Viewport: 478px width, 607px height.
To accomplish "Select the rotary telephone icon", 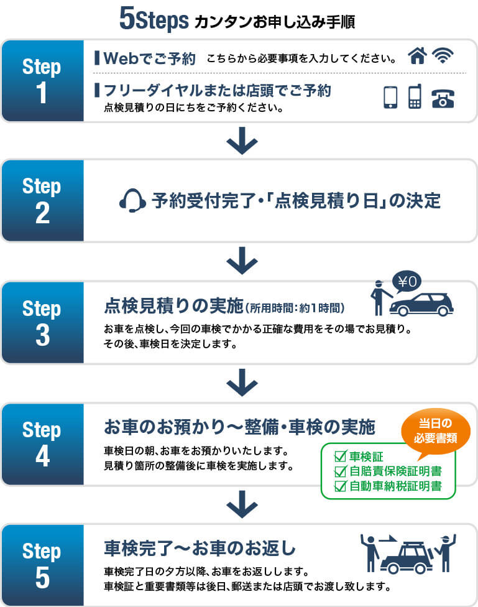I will click(443, 98).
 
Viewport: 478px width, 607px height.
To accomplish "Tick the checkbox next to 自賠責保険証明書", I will click(340, 471).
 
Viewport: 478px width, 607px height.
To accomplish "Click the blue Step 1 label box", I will click(43, 81).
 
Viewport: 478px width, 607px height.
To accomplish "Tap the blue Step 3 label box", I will click(43, 323).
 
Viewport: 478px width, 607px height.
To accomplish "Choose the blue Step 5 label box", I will click(43, 565).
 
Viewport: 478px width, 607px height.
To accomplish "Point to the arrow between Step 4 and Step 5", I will click(242, 504).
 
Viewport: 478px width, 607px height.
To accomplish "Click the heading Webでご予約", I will click(149, 59).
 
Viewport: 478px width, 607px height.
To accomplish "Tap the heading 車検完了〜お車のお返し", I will click(199, 549).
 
